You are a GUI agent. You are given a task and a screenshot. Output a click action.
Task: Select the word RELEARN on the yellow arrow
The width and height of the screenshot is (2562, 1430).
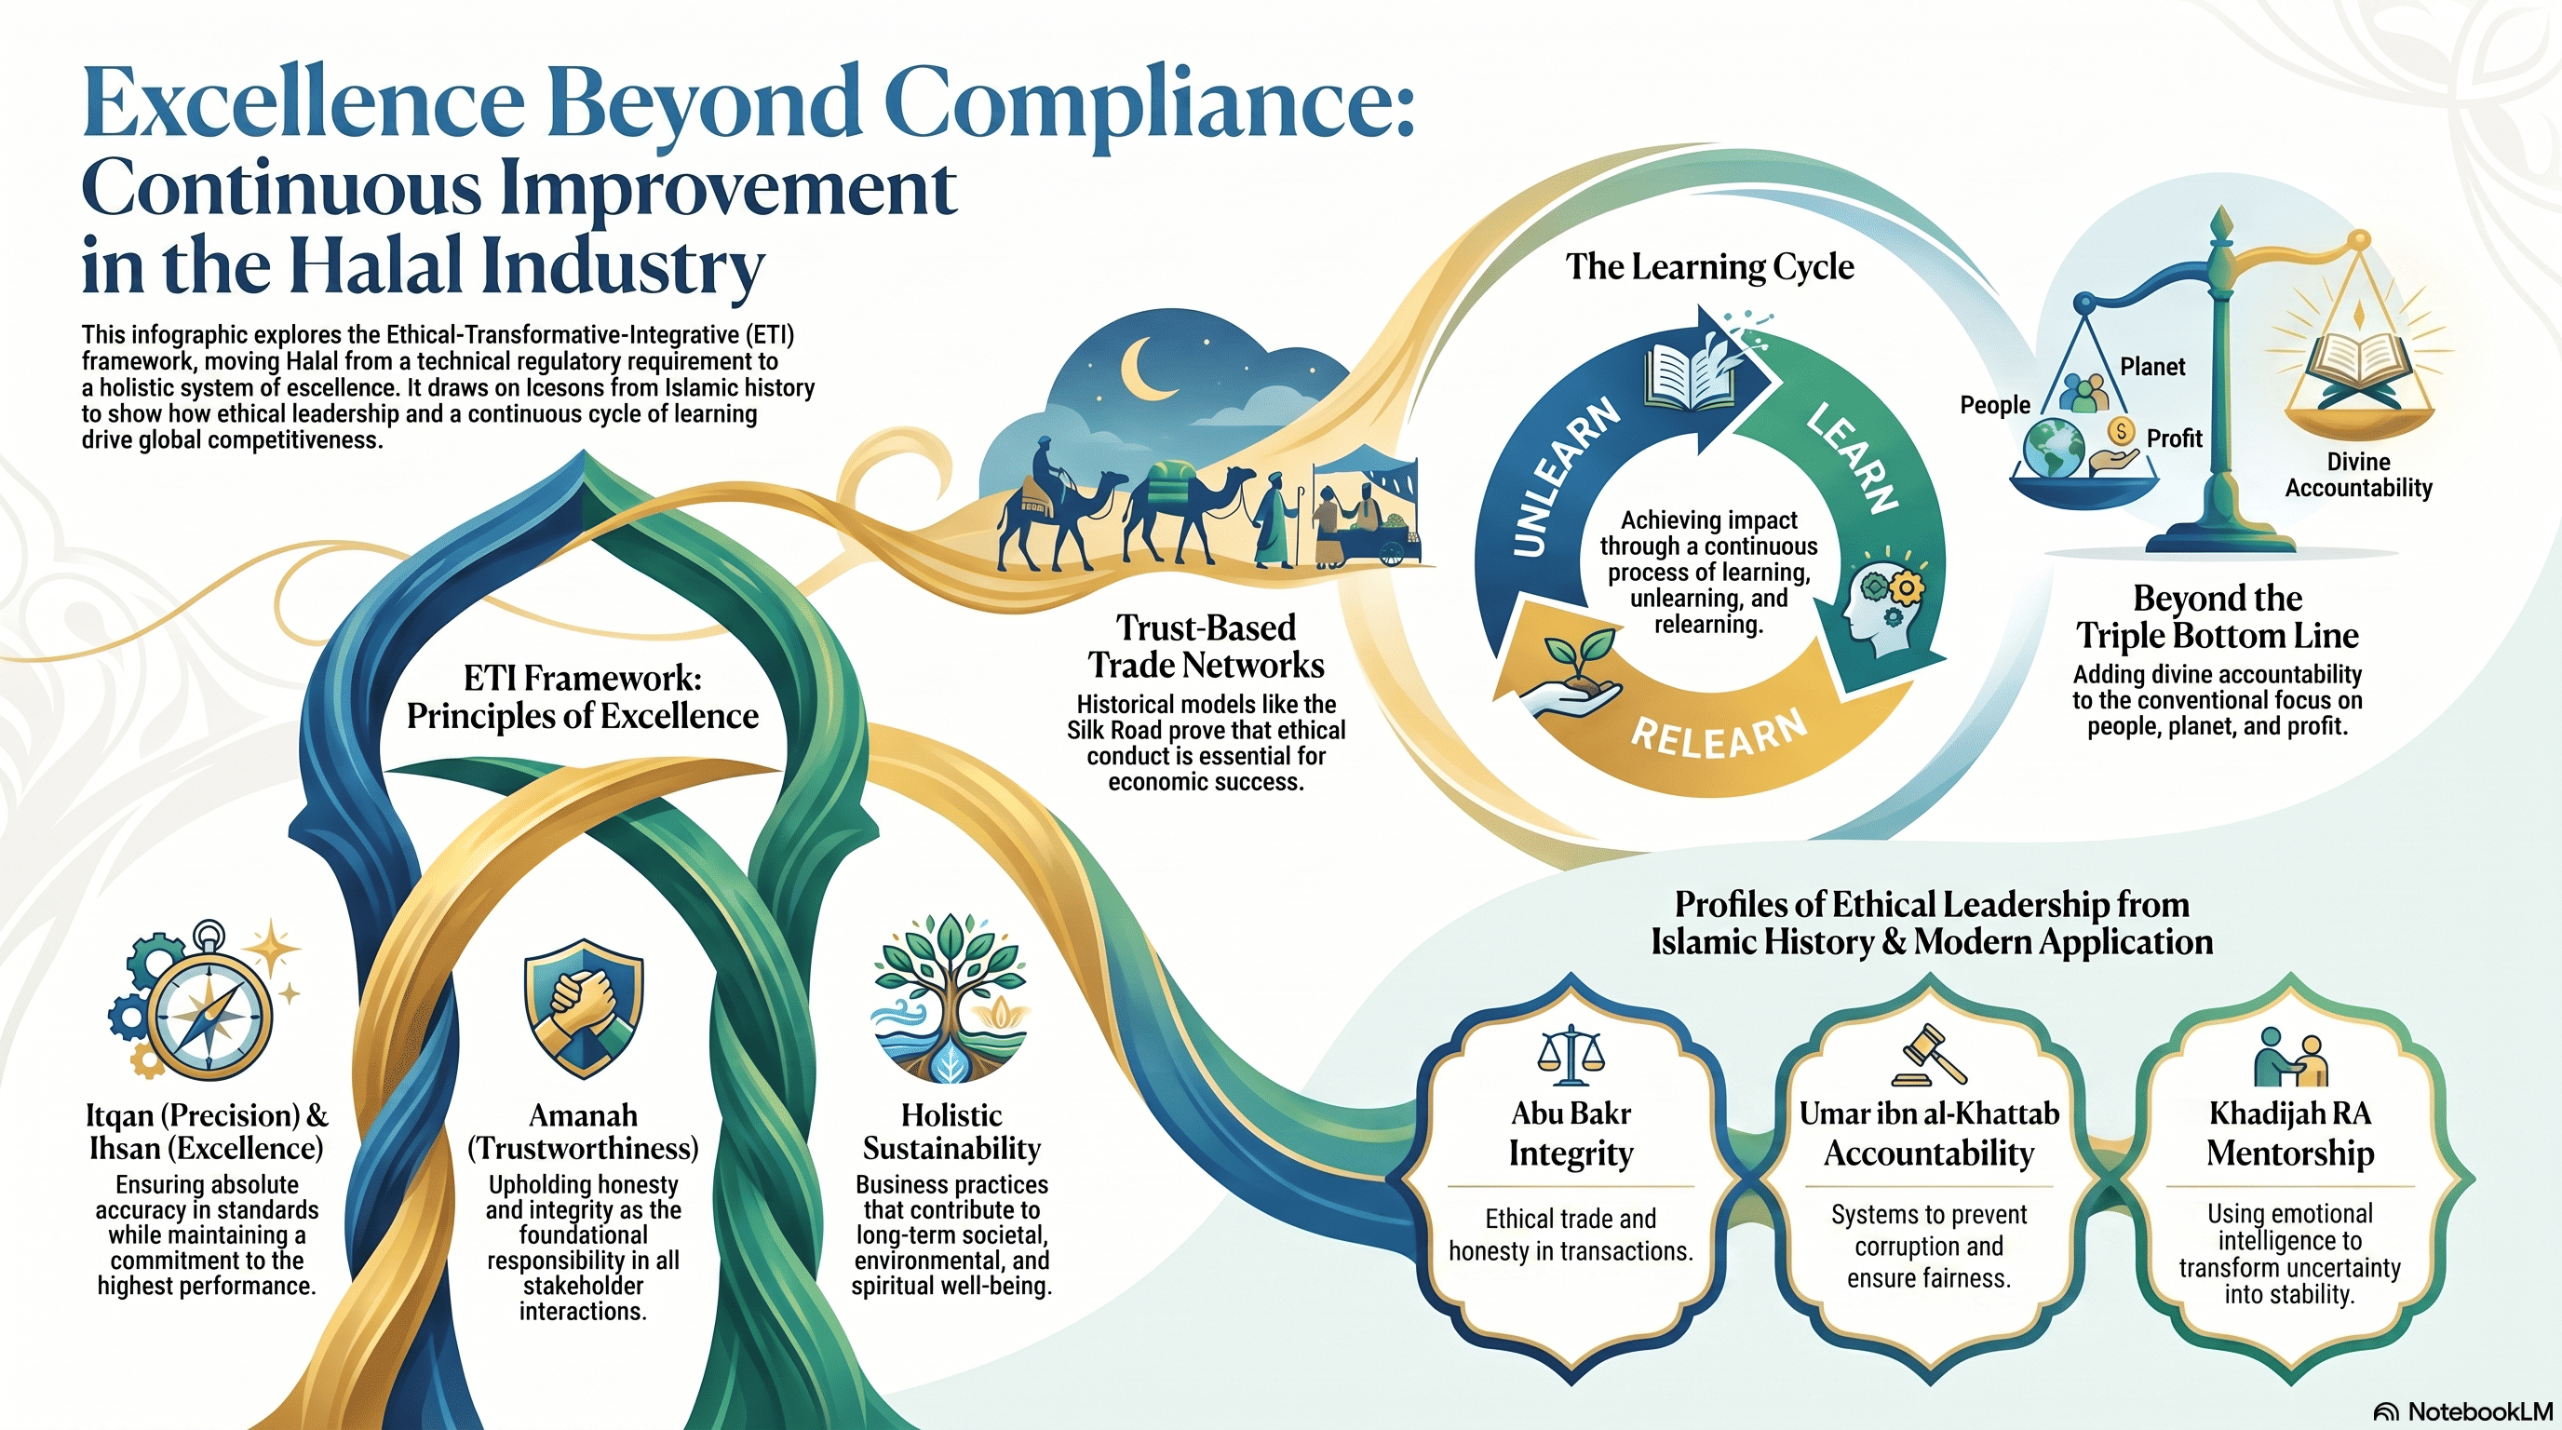click(1719, 734)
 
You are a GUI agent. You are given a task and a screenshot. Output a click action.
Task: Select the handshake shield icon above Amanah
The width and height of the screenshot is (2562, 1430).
click(584, 1007)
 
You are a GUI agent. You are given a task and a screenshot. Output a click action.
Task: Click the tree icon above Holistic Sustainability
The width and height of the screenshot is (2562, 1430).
click(951, 998)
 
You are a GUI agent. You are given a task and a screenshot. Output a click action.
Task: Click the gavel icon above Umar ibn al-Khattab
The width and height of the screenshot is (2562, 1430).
click(1928, 1054)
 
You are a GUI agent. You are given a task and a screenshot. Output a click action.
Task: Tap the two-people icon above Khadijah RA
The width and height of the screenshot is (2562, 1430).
click(2290, 1056)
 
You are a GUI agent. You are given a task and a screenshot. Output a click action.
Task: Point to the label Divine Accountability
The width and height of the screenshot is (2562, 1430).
click(2358, 475)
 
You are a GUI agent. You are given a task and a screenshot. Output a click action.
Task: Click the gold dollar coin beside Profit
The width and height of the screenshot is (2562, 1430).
click(2122, 432)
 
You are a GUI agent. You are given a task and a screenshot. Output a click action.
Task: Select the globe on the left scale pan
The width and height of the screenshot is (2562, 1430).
click(2053, 449)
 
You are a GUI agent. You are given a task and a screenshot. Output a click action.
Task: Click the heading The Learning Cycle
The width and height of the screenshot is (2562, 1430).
click(1709, 266)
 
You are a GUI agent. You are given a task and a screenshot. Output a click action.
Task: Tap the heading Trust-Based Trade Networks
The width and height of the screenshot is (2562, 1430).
click(1206, 645)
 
